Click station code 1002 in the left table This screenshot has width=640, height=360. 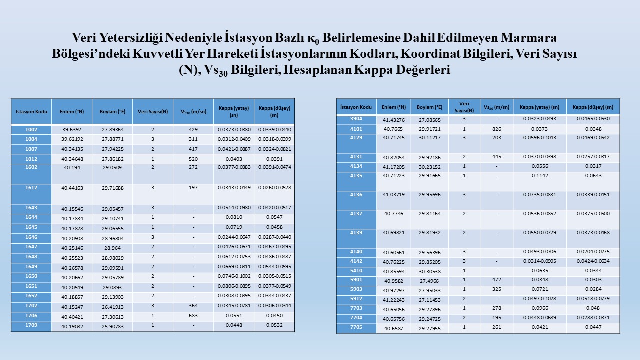click(31, 130)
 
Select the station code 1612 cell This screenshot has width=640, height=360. click(31, 188)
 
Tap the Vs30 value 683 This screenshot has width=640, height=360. click(193, 316)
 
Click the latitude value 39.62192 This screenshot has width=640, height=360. click(72, 139)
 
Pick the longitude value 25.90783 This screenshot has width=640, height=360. click(112, 326)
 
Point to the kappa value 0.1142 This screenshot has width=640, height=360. click(539, 176)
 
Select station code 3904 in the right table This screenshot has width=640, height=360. click(356, 119)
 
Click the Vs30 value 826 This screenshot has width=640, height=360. click(496, 129)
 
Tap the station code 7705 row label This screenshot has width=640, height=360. click(356, 328)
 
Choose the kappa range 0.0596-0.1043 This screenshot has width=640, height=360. click(539, 138)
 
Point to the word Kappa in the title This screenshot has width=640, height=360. click(372, 70)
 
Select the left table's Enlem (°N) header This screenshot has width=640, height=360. click(72, 112)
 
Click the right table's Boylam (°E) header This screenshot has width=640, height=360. click(429, 107)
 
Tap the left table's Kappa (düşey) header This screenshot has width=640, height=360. click(274, 112)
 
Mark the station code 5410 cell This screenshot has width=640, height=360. click(356, 271)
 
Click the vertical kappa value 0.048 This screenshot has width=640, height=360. click(593, 309)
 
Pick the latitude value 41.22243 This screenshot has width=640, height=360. click(393, 300)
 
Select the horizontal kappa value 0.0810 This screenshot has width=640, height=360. click(233, 217)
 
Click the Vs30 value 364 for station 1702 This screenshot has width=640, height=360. click(193, 306)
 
